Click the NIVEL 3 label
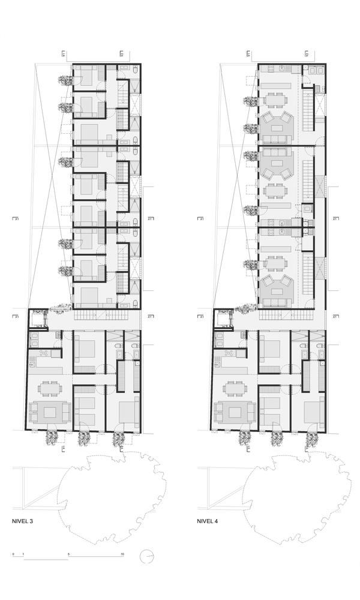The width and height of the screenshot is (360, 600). (22, 521)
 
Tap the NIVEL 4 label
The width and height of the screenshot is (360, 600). (208, 521)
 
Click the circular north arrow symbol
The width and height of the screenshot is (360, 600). (147, 557)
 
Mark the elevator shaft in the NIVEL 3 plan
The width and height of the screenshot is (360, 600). (40, 313)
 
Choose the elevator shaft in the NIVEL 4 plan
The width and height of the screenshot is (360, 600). (225, 313)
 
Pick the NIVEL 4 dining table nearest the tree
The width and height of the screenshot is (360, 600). (236, 388)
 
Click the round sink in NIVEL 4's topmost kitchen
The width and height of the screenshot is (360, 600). (269, 70)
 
